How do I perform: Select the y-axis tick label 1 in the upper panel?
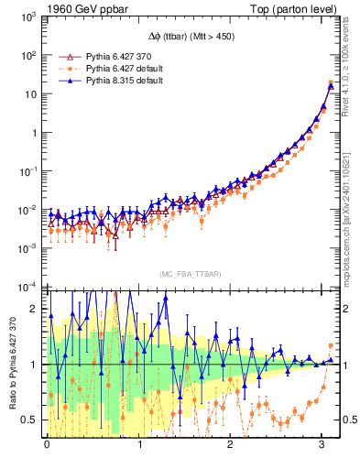pyautogui.click(x=35, y=133)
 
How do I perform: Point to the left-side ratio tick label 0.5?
pyautogui.click(x=31, y=420)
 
